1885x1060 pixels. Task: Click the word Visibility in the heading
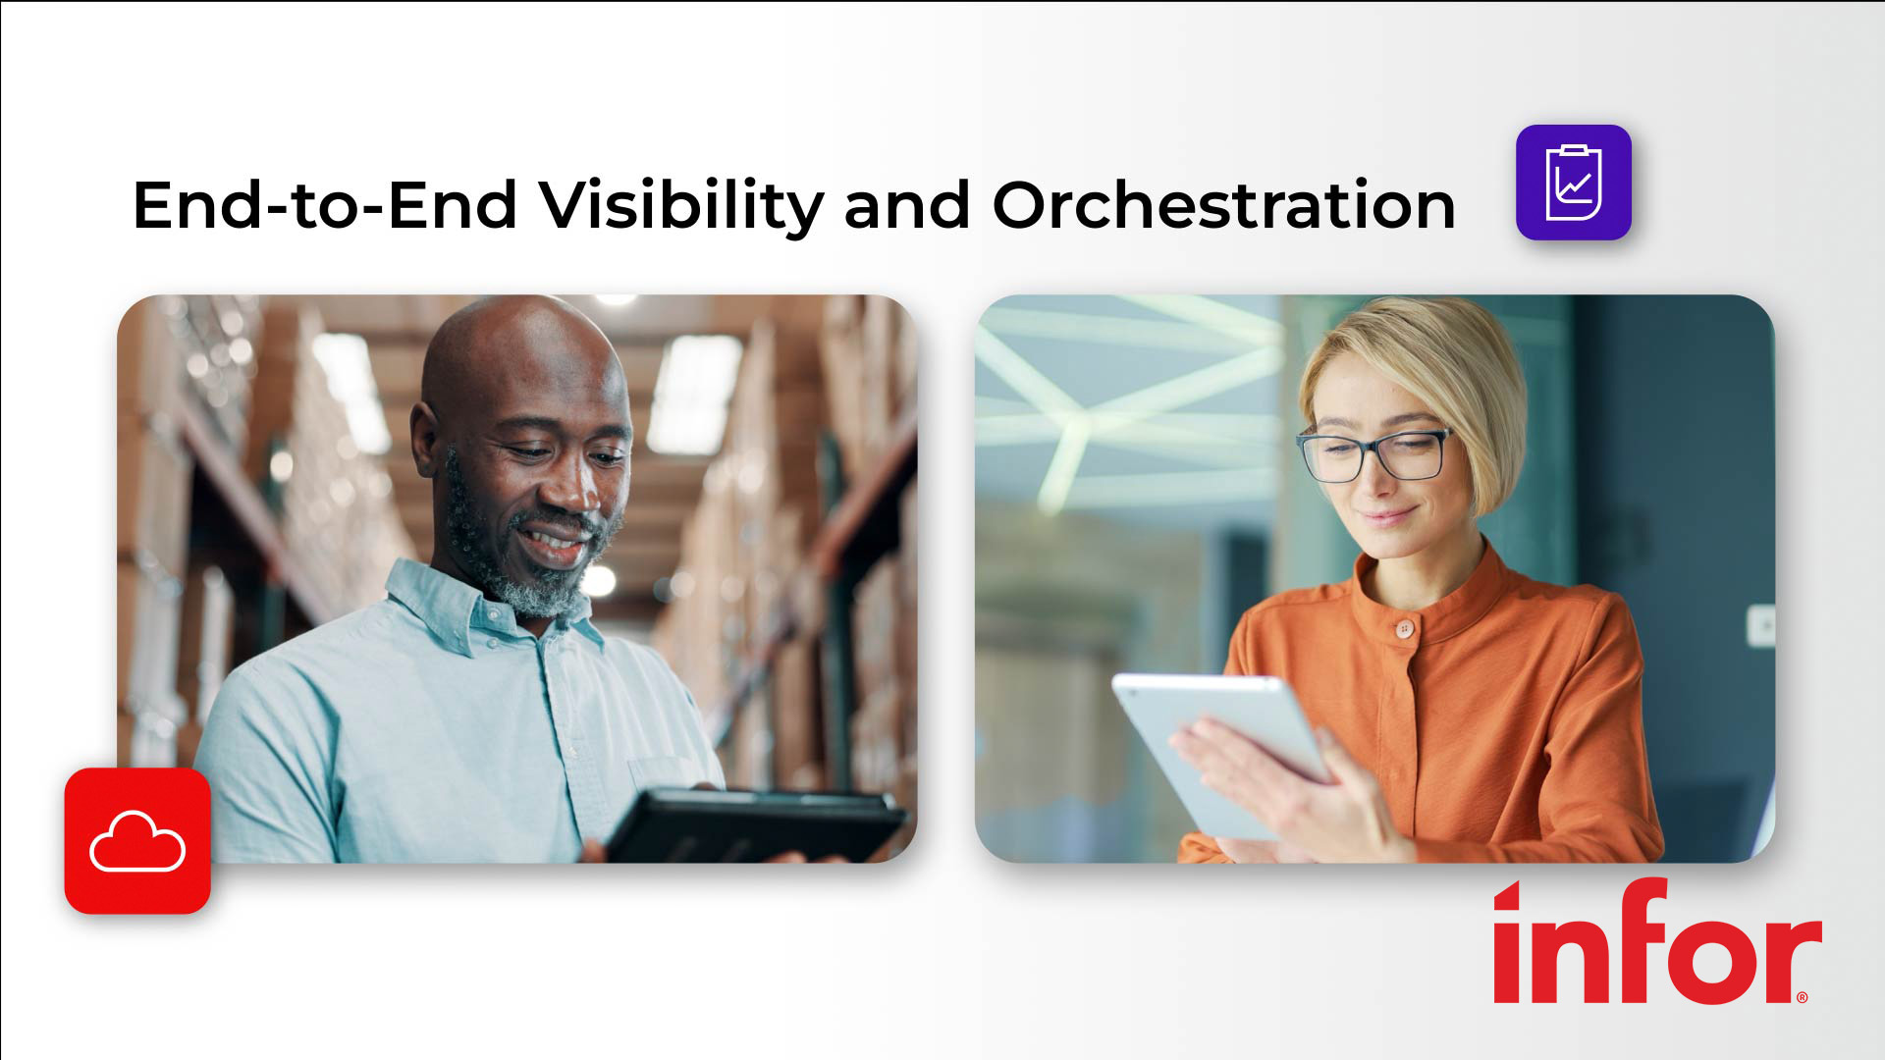point(682,205)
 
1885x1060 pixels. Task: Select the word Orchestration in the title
point(1223,205)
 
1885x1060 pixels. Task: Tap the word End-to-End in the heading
point(324,205)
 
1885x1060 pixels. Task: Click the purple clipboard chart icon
point(1573,183)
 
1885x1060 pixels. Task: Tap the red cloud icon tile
point(137,841)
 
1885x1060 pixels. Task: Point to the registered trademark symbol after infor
point(1802,997)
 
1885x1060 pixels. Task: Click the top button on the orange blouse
point(1405,629)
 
